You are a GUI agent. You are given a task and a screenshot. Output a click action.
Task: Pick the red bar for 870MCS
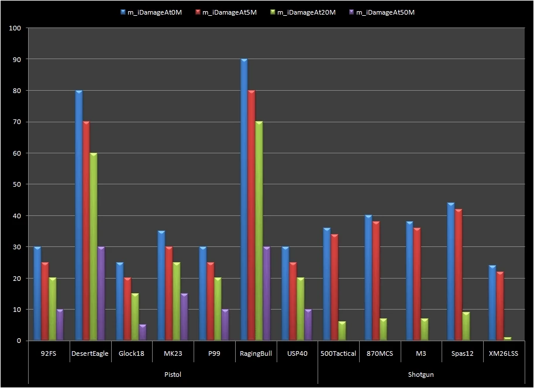tap(375, 281)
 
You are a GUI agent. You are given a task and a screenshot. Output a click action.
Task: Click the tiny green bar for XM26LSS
tap(507, 339)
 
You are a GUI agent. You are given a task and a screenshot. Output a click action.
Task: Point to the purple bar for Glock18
tap(143, 333)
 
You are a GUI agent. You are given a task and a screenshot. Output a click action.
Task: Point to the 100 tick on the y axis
tap(16, 28)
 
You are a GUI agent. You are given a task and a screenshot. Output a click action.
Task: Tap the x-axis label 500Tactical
tap(338, 353)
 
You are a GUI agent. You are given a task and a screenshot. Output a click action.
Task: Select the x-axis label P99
tap(213, 353)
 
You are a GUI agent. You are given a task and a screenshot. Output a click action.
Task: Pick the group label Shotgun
tap(421, 374)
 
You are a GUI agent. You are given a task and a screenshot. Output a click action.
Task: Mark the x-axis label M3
tap(421, 353)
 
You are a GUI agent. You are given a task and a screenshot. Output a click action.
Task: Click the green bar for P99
tap(218, 310)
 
